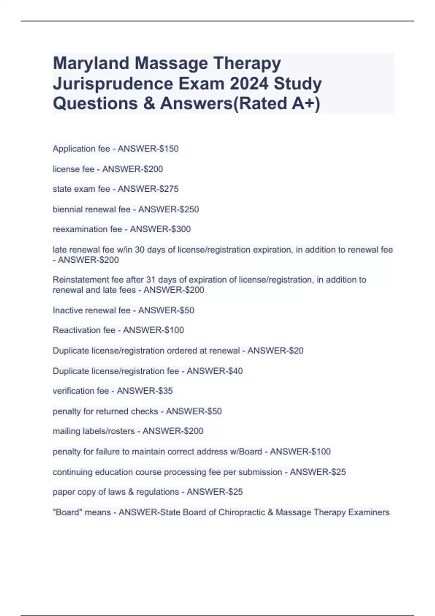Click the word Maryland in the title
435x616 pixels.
[x=91, y=63]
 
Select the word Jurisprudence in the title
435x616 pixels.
[x=113, y=84]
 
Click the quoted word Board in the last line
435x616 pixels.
[x=67, y=512]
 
